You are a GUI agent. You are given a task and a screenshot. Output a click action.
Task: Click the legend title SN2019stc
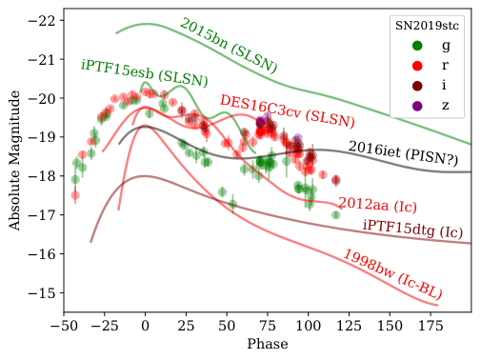[x=429, y=25]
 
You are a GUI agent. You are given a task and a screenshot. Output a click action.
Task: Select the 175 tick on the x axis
[x=431, y=326]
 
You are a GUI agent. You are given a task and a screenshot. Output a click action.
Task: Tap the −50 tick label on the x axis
[x=63, y=326]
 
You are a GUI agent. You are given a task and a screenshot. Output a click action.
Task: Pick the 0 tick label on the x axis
[x=145, y=326]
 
